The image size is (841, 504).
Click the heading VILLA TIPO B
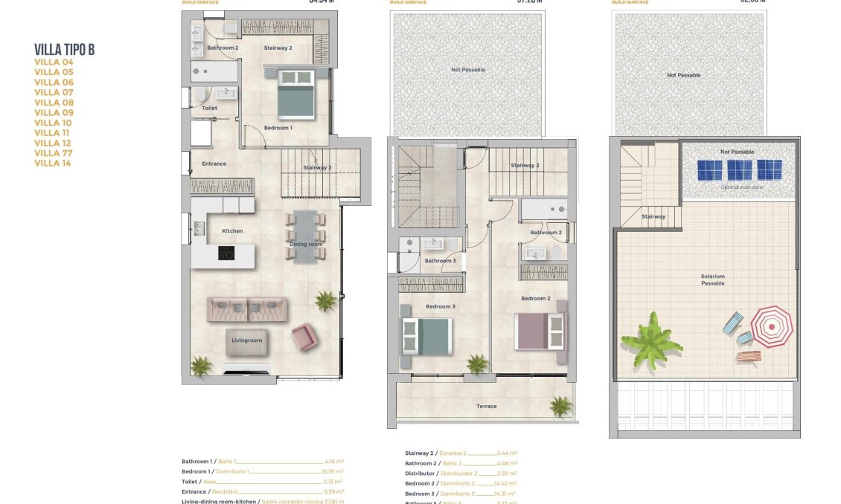[64, 50]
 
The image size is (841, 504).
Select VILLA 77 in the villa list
[54, 153]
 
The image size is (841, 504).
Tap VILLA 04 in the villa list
[54, 62]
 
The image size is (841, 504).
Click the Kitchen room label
[232, 231]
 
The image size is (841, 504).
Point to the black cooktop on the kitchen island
[226, 253]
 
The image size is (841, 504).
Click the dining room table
[306, 236]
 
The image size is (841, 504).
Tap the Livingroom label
[246, 340]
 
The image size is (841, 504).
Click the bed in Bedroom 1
[295, 94]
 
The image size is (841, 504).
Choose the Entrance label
[214, 164]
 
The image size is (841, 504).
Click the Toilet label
[210, 108]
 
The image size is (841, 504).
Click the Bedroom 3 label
[440, 306]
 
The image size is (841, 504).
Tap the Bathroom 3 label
[440, 261]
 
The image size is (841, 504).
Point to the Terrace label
[486, 406]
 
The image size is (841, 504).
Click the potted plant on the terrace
[560, 406]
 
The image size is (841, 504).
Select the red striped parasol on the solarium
[771, 326]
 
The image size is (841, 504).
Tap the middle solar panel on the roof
[739, 170]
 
